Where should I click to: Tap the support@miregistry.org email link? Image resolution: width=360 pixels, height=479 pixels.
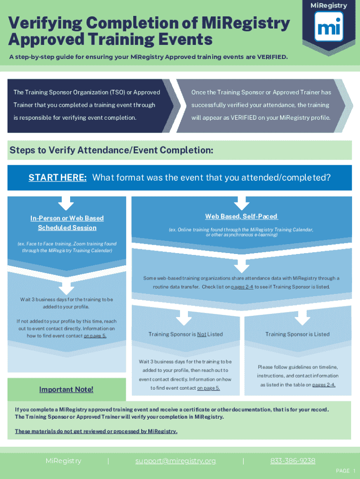(x=176, y=461)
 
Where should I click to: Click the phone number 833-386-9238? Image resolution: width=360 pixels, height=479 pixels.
(x=293, y=461)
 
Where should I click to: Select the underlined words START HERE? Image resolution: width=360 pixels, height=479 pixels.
(x=58, y=178)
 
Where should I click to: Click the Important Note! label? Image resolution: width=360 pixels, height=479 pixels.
(x=66, y=390)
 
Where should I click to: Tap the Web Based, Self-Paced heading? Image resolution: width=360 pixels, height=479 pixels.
(x=241, y=217)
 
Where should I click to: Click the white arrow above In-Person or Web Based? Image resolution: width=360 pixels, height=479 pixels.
(x=66, y=203)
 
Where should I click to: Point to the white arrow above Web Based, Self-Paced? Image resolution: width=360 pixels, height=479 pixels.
(x=241, y=203)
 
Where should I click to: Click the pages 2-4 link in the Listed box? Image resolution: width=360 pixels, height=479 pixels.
(x=324, y=385)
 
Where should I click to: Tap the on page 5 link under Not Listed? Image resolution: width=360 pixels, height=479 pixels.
(x=209, y=388)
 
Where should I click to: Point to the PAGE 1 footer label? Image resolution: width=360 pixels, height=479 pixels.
(x=342, y=471)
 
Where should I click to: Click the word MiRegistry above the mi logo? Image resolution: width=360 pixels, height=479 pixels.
(x=329, y=6)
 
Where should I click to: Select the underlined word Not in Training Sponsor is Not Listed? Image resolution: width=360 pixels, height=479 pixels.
(x=202, y=334)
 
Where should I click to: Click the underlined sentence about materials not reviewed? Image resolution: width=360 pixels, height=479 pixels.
(x=96, y=431)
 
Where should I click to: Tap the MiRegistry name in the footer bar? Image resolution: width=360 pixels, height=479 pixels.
(x=63, y=461)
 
